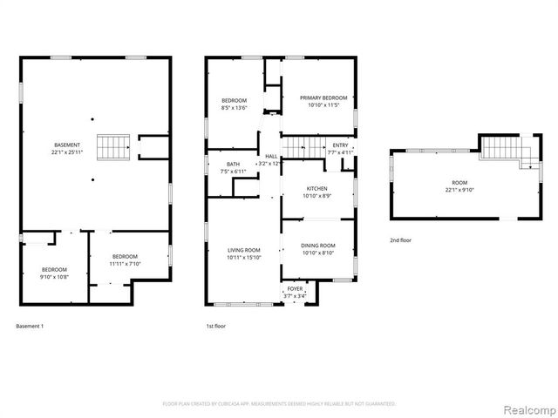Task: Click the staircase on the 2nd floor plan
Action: tap(502, 149)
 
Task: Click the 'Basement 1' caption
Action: tap(30, 327)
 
